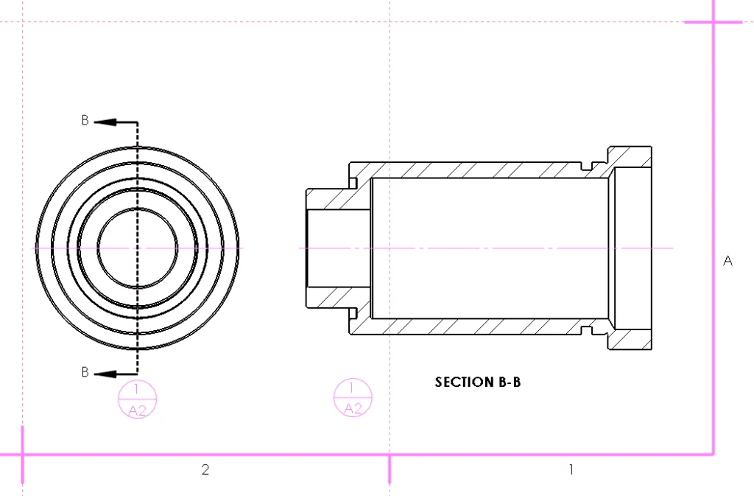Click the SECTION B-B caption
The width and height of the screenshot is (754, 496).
point(478,382)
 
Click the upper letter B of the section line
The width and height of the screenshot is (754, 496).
point(85,121)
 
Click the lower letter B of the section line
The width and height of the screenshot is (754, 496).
point(85,372)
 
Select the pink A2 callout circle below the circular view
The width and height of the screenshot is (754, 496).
point(138,399)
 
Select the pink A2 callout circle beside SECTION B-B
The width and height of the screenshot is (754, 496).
point(353,398)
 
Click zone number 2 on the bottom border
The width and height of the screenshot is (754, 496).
point(205,469)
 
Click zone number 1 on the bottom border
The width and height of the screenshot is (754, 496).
point(571,469)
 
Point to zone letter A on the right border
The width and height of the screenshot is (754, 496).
point(728,261)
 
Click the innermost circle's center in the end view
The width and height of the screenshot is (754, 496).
point(138,248)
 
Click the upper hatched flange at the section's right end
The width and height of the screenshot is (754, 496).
point(632,156)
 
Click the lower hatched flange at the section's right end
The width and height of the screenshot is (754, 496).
point(632,339)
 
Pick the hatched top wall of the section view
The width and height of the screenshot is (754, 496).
point(479,170)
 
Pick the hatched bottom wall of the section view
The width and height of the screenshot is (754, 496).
point(479,326)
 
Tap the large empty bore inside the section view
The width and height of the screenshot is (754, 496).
point(490,248)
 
